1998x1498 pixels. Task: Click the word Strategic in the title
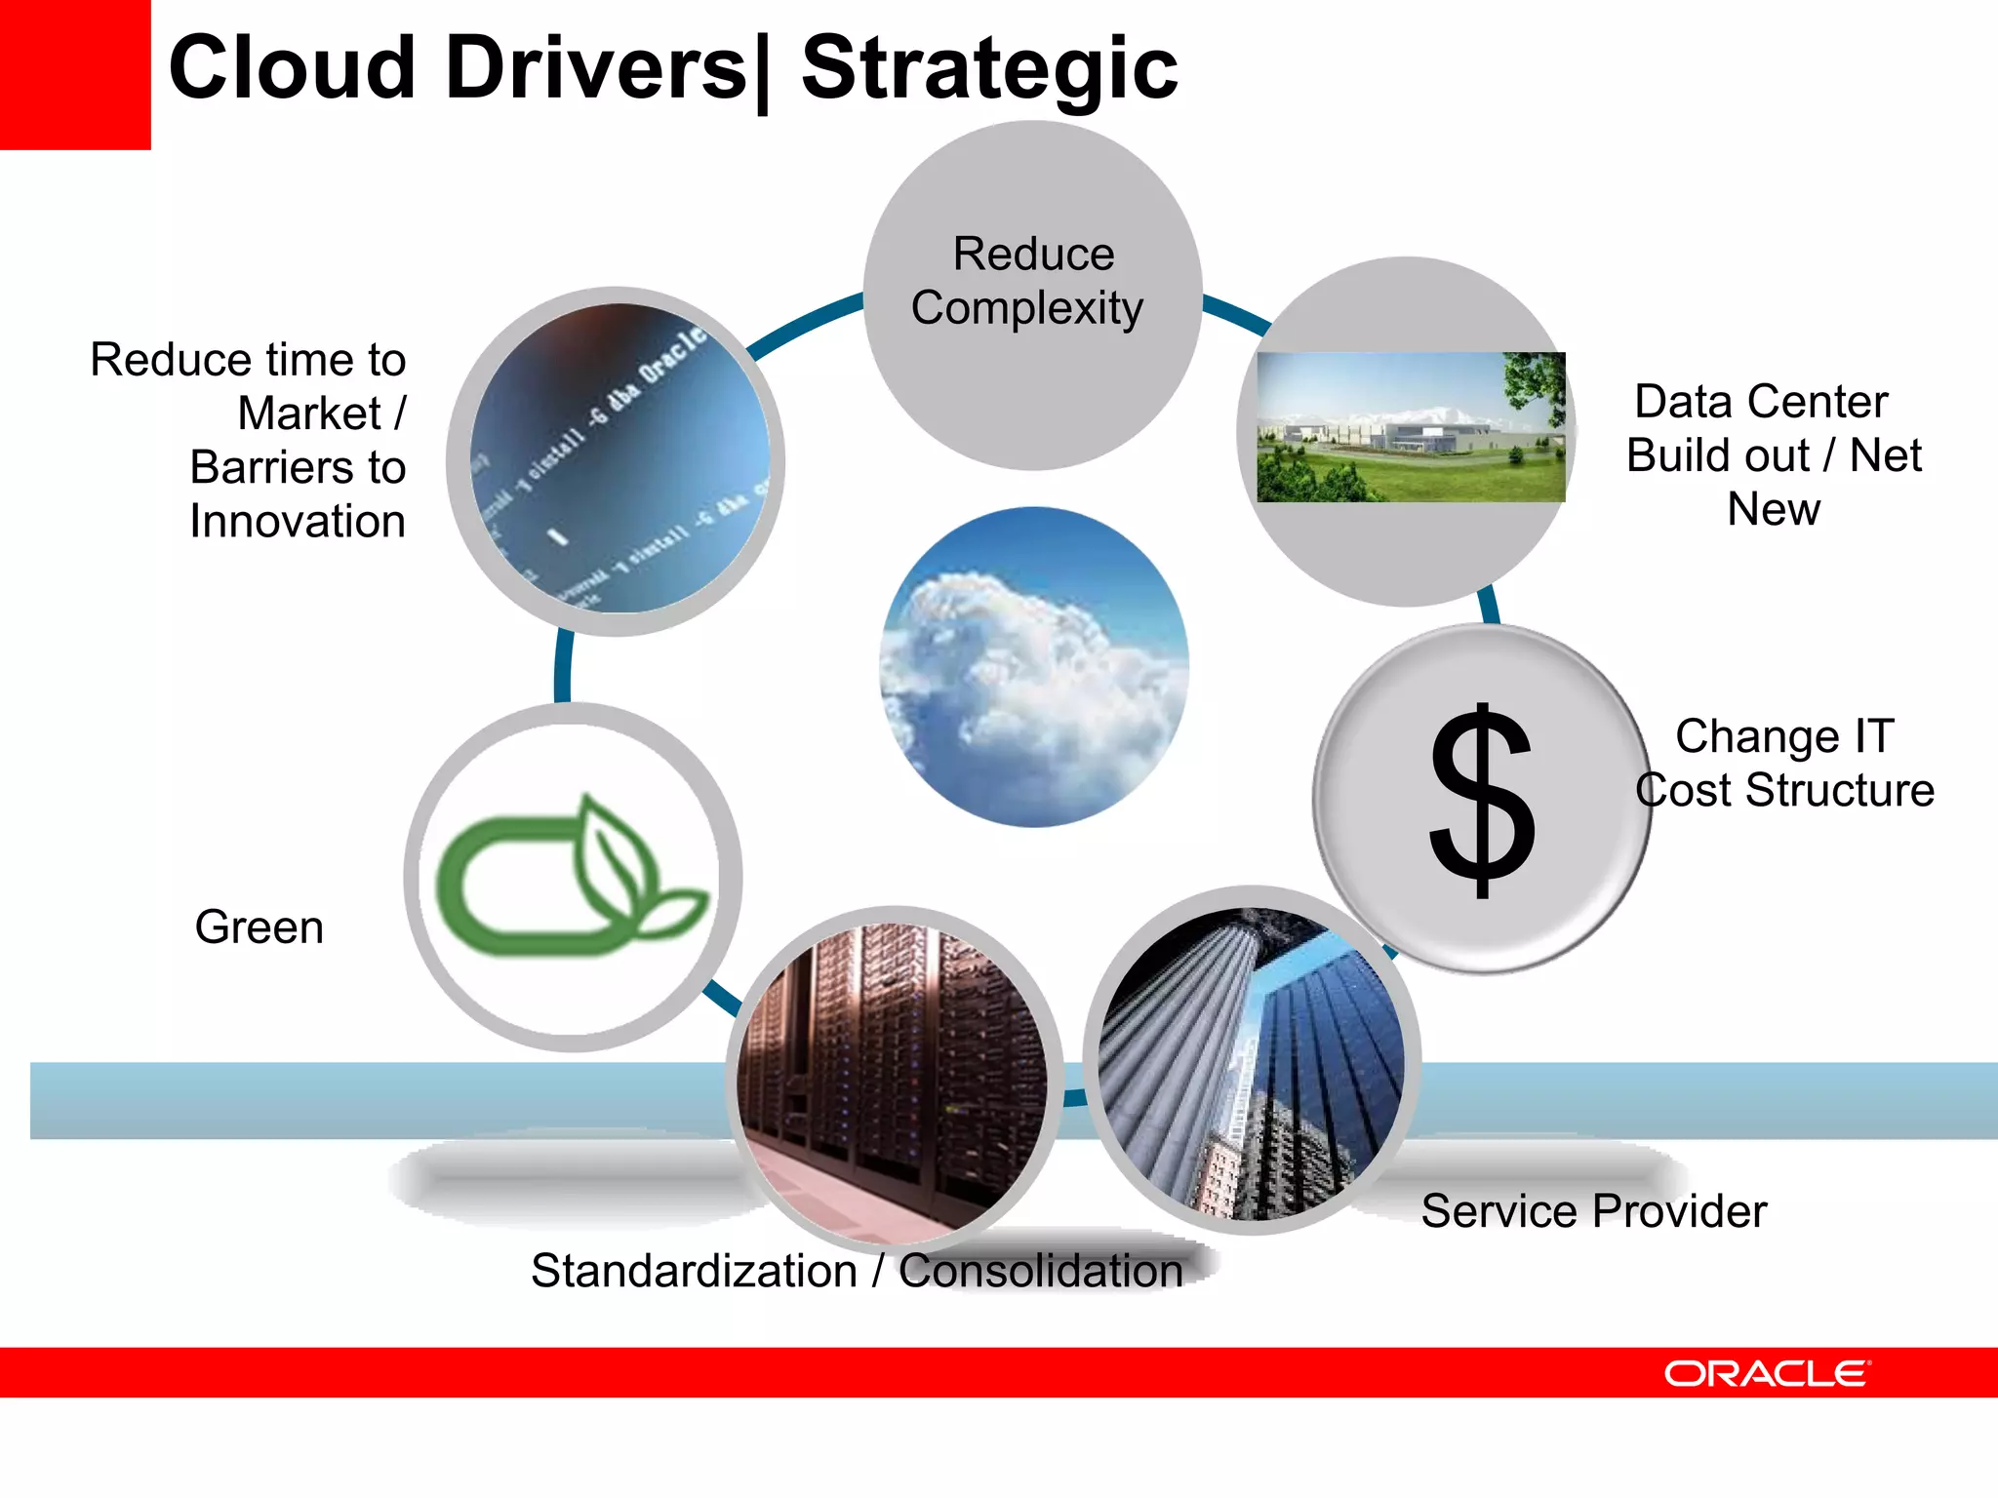coord(989,68)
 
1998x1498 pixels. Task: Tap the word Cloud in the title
coord(293,68)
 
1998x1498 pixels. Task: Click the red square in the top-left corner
coord(74,74)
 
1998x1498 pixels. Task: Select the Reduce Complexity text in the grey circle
coord(1030,281)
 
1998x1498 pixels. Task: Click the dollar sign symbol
coord(1481,800)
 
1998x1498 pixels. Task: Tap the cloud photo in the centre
coord(1034,667)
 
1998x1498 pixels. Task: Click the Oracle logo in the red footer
coord(1767,1373)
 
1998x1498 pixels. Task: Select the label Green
coord(259,926)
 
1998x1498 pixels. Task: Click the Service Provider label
coord(1593,1211)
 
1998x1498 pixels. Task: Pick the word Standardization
coord(694,1271)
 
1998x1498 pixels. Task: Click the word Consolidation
coord(1040,1271)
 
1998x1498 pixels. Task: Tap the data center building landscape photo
coord(1410,427)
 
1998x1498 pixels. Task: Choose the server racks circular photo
coord(893,1078)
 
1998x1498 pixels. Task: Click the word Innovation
coord(298,521)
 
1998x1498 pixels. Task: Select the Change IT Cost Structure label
coord(1784,763)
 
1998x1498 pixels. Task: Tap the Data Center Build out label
coord(1773,454)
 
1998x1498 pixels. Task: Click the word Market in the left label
coord(309,414)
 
